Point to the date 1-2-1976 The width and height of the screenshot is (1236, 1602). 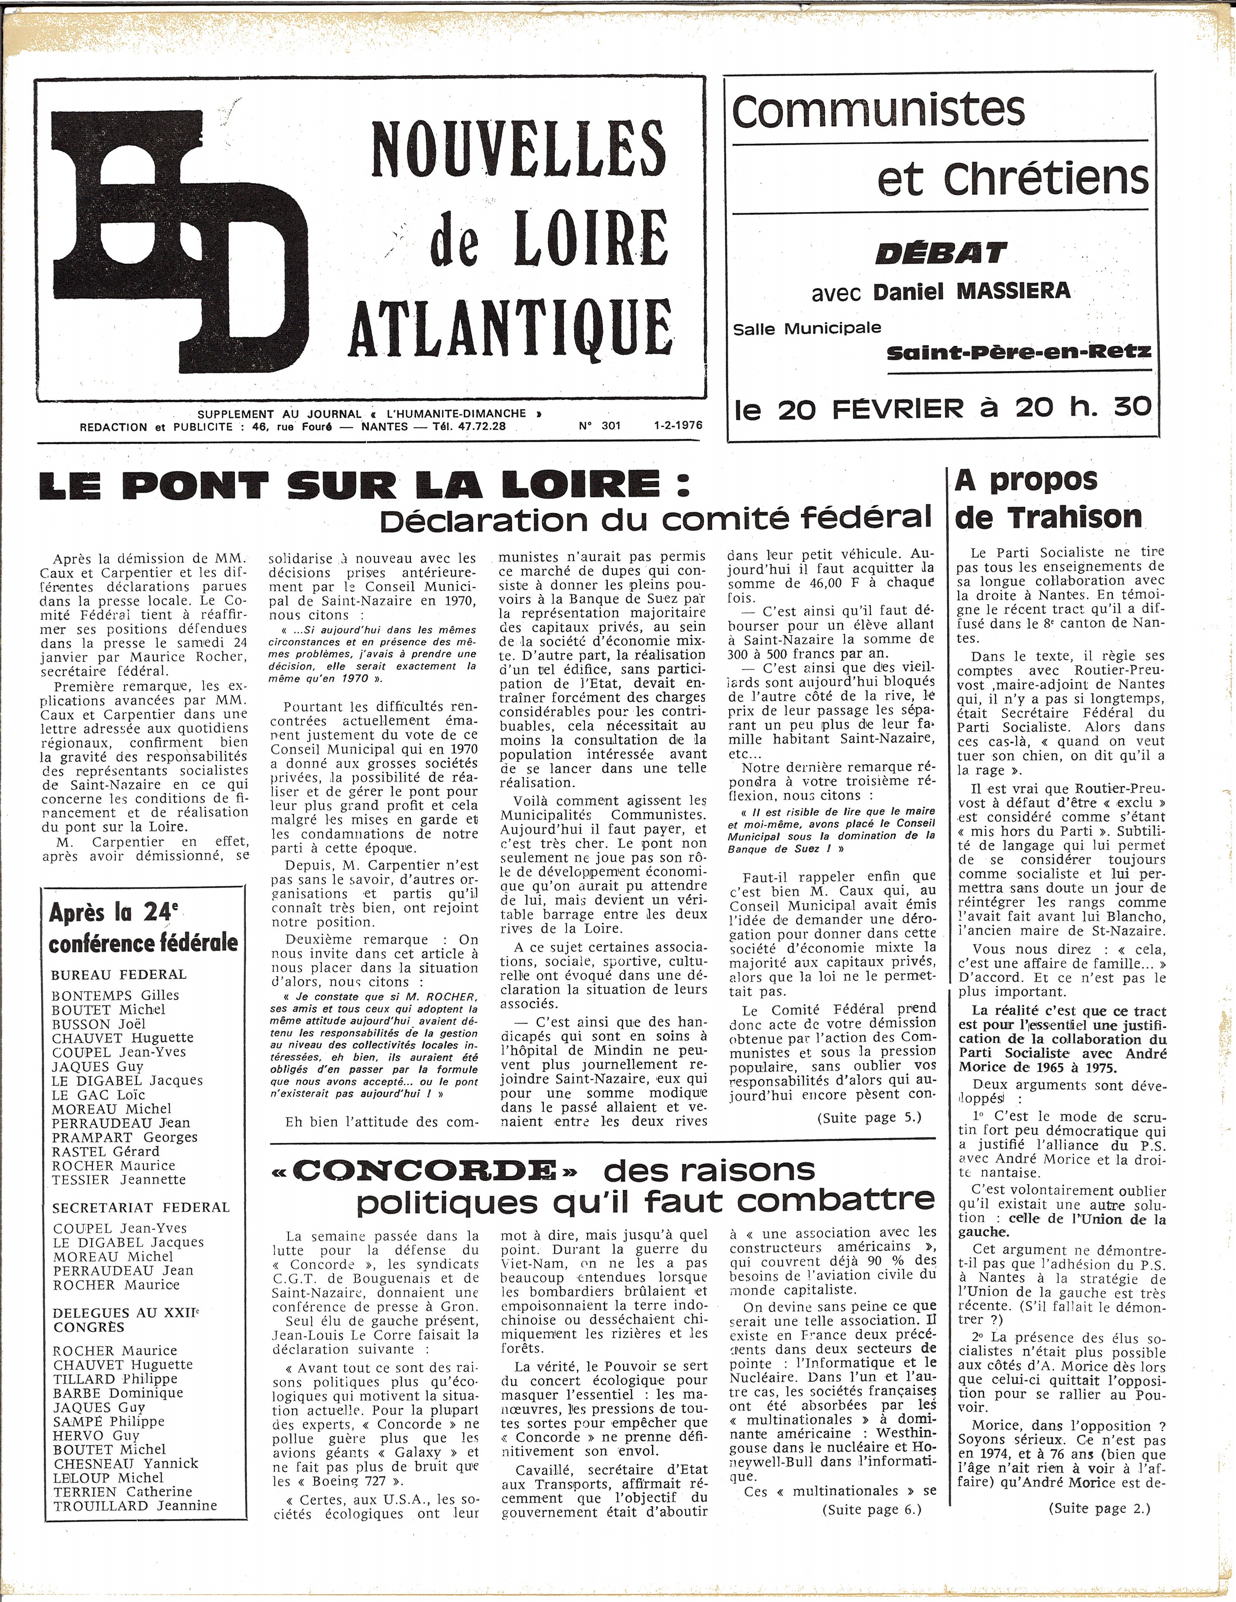click(678, 426)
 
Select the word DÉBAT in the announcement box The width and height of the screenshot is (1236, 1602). click(941, 254)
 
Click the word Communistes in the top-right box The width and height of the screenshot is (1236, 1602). click(878, 110)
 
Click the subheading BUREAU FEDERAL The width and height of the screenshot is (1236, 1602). click(119, 975)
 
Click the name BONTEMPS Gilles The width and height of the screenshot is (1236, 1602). click(115, 995)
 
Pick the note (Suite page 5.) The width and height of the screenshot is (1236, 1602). click(869, 1117)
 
